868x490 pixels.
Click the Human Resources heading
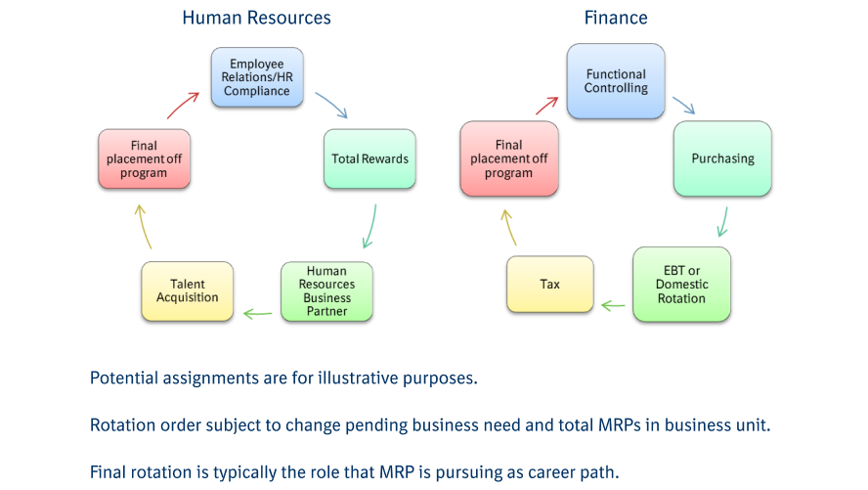256,18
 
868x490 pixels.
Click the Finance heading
616,18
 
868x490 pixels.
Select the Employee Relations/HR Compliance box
258,76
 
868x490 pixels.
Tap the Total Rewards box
369,158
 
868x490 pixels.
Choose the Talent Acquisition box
188,290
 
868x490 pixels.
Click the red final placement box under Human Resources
144,159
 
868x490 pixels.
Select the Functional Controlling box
616,81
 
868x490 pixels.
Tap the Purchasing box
722,158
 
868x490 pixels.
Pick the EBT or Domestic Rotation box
681,285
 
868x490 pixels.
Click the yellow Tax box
550,285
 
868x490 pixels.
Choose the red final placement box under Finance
508,159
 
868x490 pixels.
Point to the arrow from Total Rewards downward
369,226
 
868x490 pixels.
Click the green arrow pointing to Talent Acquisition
257,313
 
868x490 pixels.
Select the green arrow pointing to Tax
613,306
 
